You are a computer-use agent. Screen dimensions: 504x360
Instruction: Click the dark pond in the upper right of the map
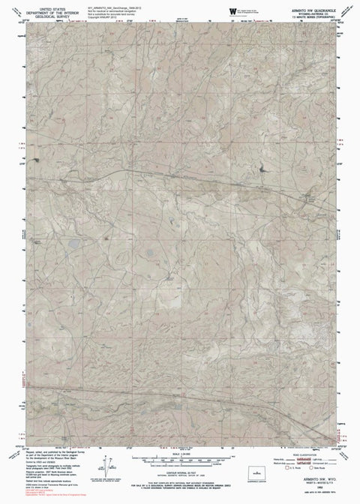click(263, 170)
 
